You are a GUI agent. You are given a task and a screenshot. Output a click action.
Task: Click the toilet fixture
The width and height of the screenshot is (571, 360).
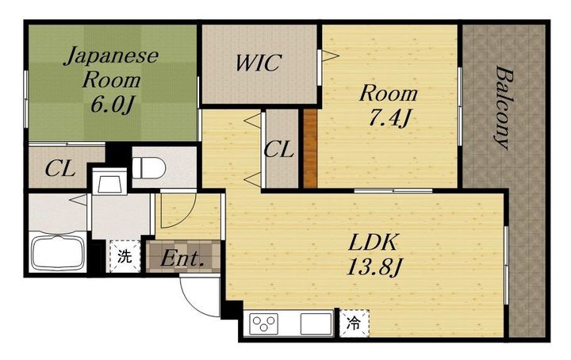pos(149,167)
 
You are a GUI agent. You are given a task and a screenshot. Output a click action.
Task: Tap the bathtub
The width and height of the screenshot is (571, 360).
pos(58,253)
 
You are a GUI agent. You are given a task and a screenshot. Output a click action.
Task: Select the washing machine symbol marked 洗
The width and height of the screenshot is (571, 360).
pos(125,256)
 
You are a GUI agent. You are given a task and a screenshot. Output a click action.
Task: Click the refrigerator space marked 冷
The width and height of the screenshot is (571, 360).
pos(354,324)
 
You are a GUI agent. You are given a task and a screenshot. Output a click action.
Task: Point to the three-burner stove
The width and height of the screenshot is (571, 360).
pos(264,324)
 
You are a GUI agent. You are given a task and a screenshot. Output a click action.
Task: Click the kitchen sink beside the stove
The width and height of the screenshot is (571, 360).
pos(316,324)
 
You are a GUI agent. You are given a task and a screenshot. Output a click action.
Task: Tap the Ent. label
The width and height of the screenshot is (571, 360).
pos(182,259)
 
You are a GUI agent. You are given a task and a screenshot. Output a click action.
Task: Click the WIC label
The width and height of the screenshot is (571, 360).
pos(259,63)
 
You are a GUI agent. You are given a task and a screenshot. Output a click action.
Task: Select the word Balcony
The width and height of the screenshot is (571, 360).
pos(504,107)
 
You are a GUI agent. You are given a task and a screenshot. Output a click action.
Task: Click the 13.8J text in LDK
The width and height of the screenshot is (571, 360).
pos(374,267)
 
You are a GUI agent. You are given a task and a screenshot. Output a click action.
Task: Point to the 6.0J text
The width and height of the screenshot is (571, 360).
pos(111,105)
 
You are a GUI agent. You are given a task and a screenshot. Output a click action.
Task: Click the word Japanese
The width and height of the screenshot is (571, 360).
pos(112,57)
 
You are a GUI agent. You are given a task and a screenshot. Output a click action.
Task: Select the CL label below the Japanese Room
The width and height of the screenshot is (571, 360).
pos(60,169)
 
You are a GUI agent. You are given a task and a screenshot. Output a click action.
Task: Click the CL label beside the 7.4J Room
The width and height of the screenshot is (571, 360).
pos(278,149)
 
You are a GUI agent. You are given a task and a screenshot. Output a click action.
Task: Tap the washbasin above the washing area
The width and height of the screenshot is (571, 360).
pos(109,182)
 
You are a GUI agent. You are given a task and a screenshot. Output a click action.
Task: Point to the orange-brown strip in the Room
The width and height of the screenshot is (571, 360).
pos(310,148)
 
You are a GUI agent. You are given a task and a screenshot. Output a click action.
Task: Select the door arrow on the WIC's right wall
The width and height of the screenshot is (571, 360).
pos(330,56)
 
